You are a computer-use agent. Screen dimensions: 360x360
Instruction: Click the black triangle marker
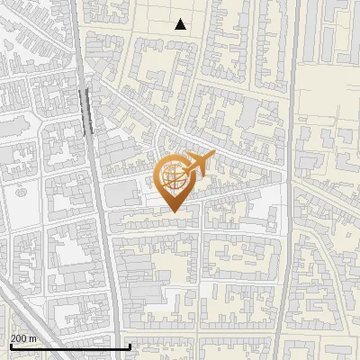tap(181, 24)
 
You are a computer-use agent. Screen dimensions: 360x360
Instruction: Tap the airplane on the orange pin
tap(196, 164)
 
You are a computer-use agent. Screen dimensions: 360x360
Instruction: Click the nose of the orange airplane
tap(213, 155)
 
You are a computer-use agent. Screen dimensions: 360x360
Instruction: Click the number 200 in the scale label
tap(19, 337)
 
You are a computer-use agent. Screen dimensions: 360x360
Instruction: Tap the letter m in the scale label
tap(32, 337)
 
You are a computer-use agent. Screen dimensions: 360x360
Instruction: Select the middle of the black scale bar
tap(70, 346)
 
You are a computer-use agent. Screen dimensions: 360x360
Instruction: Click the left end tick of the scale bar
tap(10, 345)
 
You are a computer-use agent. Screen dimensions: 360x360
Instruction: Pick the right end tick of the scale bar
tap(130, 345)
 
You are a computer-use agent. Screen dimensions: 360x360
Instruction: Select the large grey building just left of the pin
tap(127, 194)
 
